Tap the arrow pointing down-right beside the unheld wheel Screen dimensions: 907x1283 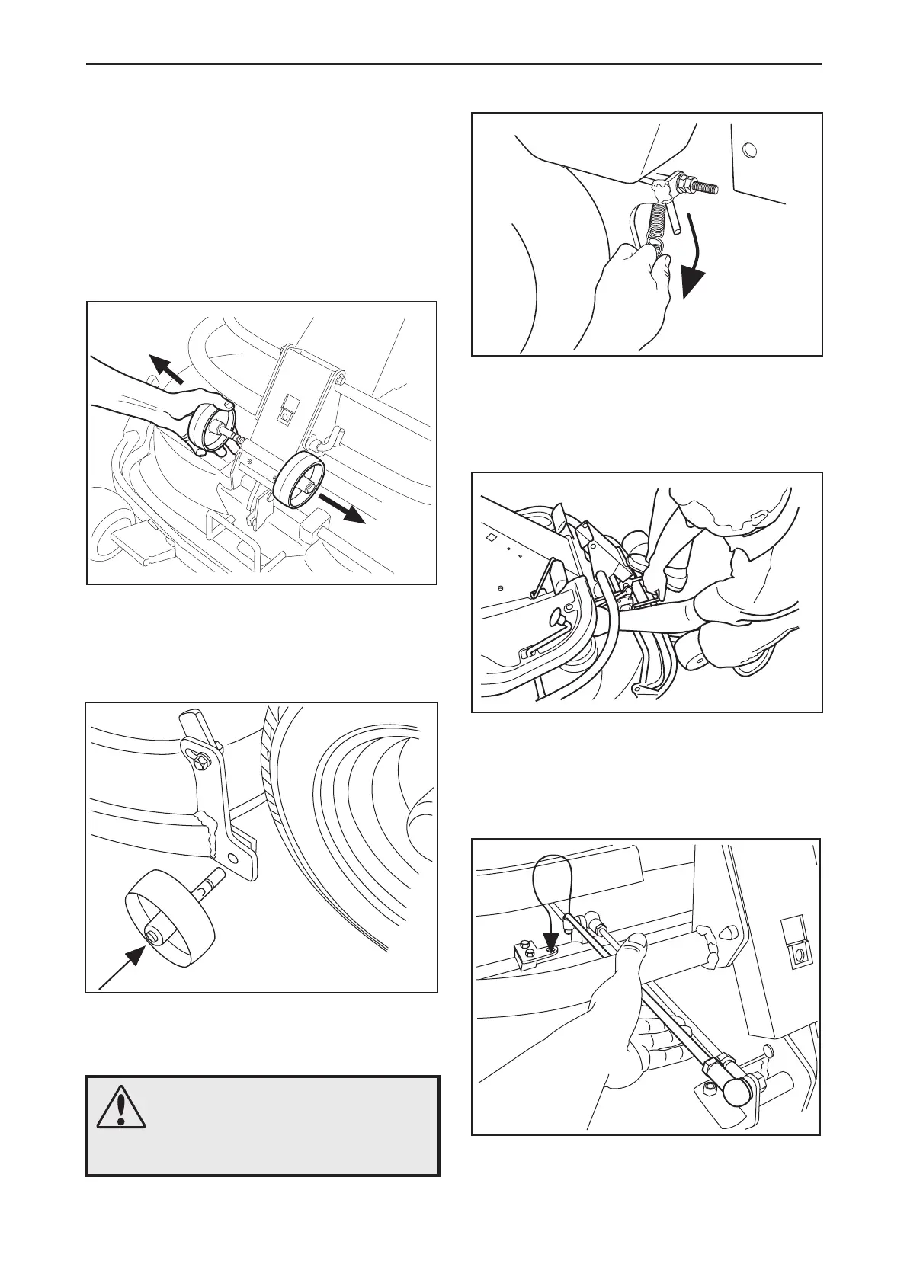343,507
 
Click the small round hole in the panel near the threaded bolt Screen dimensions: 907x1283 750,149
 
